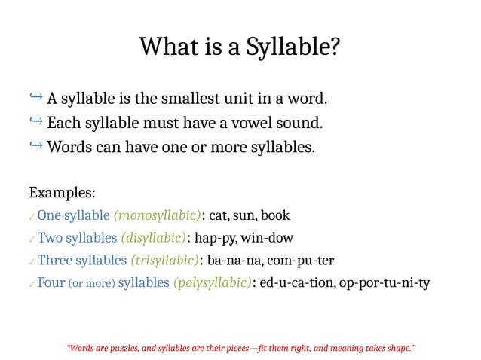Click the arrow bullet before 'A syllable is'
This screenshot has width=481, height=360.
click(x=35, y=98)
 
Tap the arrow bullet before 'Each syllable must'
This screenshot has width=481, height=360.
click(x=35, y=121)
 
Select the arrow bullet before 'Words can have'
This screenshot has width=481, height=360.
click(x=35, y=145)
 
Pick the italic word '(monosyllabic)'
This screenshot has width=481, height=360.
click(x=157, y=215)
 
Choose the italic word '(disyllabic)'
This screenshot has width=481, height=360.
click(x=153, y=238)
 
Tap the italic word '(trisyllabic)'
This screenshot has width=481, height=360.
click(x=164, y=261)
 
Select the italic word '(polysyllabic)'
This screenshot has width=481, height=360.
click(x=212, y=283)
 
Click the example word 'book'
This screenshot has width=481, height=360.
click(x=274, y=215)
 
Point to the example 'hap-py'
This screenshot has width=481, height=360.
click(x=215, y=238)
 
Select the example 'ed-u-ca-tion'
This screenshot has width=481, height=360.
click(x=296, y=283)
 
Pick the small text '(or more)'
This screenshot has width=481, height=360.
click(x=91, y=284)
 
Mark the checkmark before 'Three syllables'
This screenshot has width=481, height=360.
click(x=31, y=262)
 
